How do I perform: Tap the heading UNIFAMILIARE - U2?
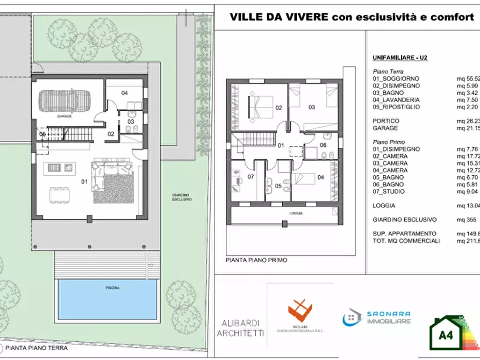coord(400,57)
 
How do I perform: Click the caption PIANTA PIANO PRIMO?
coord(256,260)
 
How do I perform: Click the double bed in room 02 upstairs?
coord(259,106)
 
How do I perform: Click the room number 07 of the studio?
coord(250,177)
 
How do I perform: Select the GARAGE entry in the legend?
coord(385,128)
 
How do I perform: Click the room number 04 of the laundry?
coord(124,93)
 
